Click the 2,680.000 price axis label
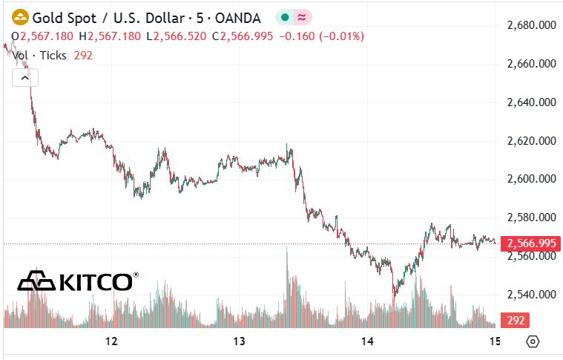(531, 25)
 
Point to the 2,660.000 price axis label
(531, 64)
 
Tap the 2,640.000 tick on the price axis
(531, 102)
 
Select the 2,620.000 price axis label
(531, 140)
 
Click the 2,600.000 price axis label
(531, 179)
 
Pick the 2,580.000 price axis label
(531, 217)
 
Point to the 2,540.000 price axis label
(531, 295)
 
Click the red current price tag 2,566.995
(530, 243)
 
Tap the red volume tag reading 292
(516, 321)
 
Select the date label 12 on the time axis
(112, 341)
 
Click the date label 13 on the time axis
(239, 341)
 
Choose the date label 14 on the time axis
(366, 341)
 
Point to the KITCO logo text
(96, 281)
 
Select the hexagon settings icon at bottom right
(532, 341)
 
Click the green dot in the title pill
(284, 16)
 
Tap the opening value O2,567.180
(47, 36)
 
